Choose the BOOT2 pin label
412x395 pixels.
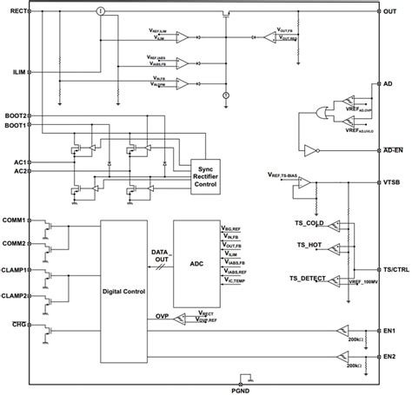pyautogui.click(x=16, y=115)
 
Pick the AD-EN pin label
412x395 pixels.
pyautogui.click(x=393, y=149)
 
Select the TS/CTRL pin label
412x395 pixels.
pyautogui.click(x=395, y=270)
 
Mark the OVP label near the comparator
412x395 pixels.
pyautogui.click(x=162, y=316)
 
